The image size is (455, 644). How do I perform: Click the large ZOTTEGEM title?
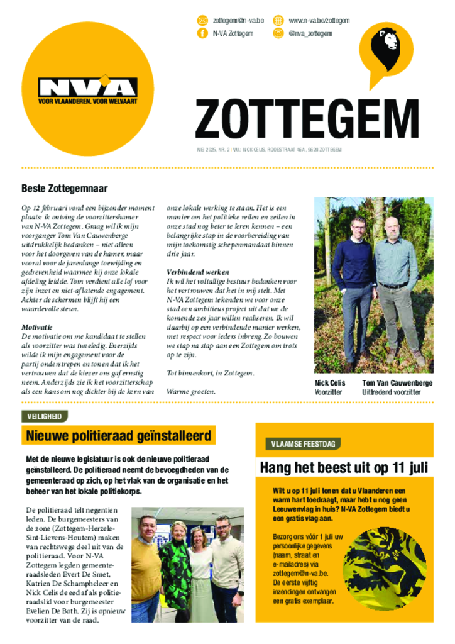(307, 119)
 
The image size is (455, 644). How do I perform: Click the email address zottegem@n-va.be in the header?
(238, 21)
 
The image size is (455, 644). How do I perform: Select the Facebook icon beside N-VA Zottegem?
(202, 33)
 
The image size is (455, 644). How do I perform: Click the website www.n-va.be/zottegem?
(319, 21)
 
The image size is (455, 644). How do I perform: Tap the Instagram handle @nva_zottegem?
(310, 33)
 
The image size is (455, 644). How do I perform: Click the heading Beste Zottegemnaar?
(65, 188)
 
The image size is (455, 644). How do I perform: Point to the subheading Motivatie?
(36, 327)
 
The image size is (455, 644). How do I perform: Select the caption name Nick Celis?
(330, 382)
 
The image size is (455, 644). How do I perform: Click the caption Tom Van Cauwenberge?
(397, 382)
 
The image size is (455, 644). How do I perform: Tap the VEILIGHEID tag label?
(45, 416)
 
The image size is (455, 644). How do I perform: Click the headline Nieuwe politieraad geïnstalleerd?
(119, 435)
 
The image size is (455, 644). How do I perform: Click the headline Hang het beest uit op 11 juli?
(344, 468)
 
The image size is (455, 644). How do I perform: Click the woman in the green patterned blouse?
(175, 569)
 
